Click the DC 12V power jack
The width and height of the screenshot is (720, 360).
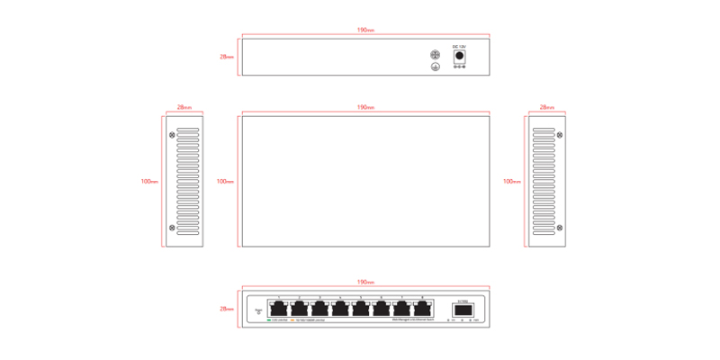click(x=458, y=57)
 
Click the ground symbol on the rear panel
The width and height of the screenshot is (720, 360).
click(x=436, y=66)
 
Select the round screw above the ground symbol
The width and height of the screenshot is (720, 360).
click(x=436, y=54)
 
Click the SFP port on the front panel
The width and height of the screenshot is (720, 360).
click(x=462, y=310)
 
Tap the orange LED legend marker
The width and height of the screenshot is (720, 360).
click(x=293, y=319)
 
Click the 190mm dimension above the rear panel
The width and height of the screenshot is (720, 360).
click(x=365, y=30)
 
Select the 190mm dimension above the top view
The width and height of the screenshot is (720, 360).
click(x=365, y=107)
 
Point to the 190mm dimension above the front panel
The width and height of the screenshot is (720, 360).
click(x=365, y=282)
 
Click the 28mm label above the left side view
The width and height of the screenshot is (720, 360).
click(x=184, y=107)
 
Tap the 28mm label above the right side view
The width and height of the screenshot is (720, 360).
click(x=545, y=107)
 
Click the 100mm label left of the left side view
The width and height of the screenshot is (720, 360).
click(x=149, y=181)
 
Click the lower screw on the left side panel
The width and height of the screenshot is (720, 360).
click(x=173, y=228)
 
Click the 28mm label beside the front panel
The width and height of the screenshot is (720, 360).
click(x=227, y=309)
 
